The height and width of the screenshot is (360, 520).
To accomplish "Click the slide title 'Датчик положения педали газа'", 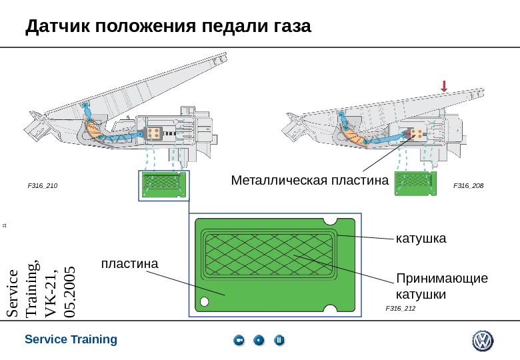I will (x=168, y=27).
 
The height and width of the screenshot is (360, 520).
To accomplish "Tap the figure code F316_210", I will (x=42, y=186).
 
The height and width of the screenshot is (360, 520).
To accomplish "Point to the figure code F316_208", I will (x=469, y=185).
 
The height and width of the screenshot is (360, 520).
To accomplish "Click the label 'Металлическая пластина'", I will (x=309, y=181).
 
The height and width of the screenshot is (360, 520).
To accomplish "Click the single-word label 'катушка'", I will (x=420, y=238).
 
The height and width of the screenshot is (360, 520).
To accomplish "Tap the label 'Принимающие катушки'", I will (x=441, y=286).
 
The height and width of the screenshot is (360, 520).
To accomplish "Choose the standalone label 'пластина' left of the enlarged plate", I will (x=129, y=264).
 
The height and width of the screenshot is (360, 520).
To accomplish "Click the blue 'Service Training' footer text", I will (x=71, y=339).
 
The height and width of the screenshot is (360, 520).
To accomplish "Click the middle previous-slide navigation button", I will (x=259, y=341).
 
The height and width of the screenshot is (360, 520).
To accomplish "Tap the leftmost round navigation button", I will (x=239, y=341).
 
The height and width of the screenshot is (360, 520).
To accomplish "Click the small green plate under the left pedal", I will (x=163, y=184).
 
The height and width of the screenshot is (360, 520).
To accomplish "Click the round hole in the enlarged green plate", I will (x=204, y=301).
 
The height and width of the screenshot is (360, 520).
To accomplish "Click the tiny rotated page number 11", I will (x=5, y=227).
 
